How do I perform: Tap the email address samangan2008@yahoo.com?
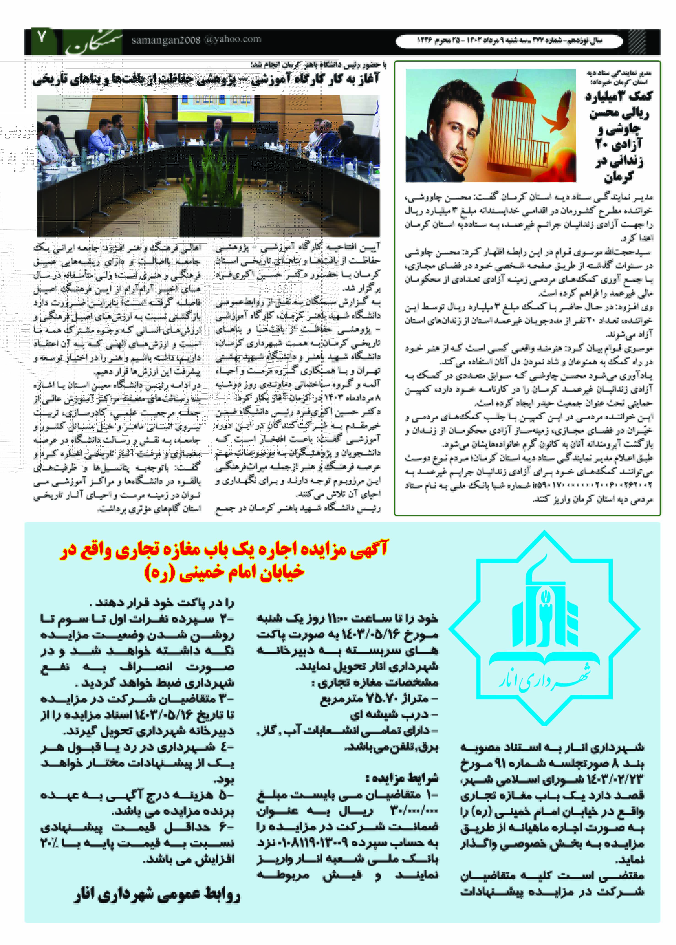click(x=196, y=40)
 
